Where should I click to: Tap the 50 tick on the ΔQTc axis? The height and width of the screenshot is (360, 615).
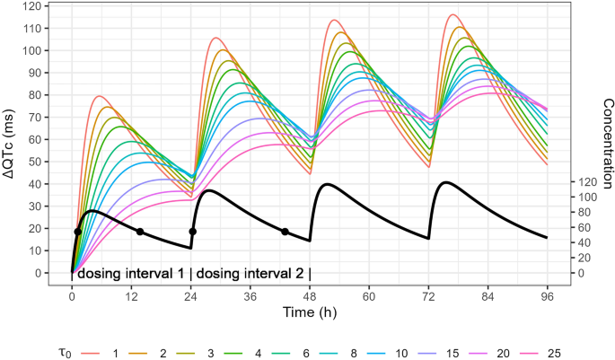point(36,162)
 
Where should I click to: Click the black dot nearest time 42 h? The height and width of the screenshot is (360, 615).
point(286,232)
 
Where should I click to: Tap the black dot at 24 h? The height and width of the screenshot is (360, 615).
point(192,232)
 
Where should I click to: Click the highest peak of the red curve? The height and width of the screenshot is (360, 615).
point(452,14)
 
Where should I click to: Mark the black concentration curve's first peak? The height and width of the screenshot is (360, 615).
point(92,211)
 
